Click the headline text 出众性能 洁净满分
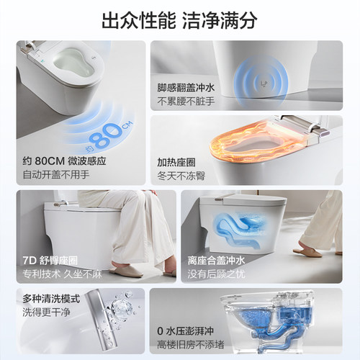(x=180, y=20)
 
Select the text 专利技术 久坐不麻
(x=57, y=271)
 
